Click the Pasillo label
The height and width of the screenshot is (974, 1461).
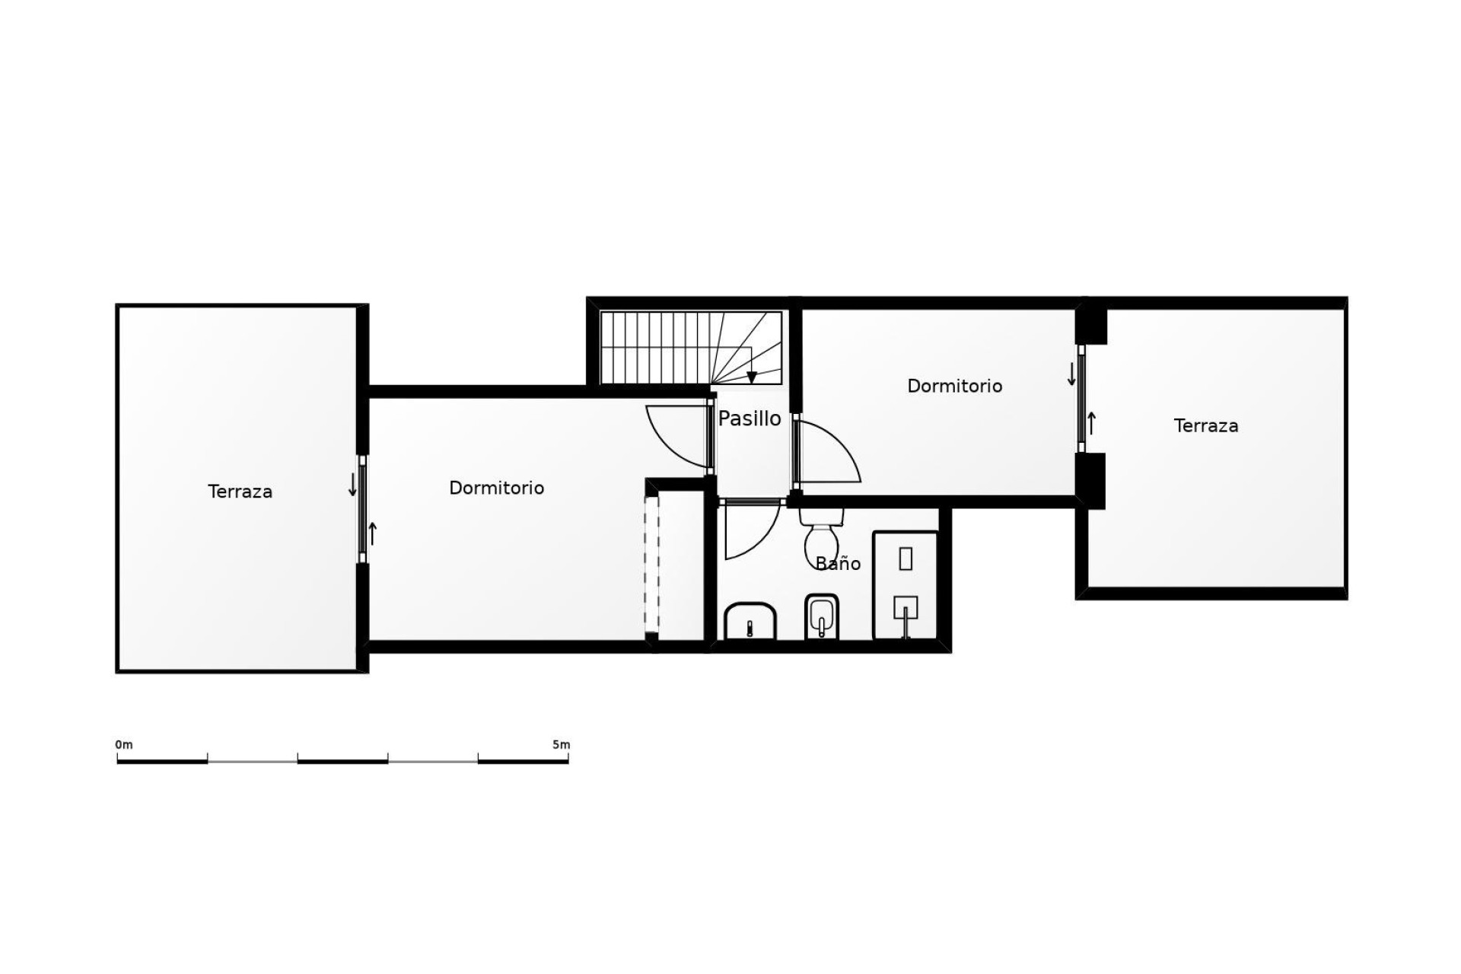[750, 419]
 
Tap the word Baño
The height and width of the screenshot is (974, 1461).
[838, 564]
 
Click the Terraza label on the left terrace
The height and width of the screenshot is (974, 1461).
[240, 492]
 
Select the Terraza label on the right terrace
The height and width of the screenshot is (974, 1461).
[1205, 426]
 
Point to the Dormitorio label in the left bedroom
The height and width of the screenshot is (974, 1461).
[496, 488]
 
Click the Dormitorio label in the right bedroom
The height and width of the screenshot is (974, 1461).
[954, 386]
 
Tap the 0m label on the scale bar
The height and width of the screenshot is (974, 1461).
[124, 744]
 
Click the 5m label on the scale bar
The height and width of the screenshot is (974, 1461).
[561, 744]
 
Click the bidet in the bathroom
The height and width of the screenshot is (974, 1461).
[821, 616]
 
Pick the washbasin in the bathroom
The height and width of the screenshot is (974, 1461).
[750, 621]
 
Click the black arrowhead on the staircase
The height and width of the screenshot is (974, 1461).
[752, 377]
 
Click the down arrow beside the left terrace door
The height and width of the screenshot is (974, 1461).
[352, 485]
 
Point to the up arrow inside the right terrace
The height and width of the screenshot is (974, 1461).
[1092, 423]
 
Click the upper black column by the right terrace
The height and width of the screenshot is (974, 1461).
[1091, 325]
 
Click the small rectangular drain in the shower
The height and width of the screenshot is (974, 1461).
[906, 559]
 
